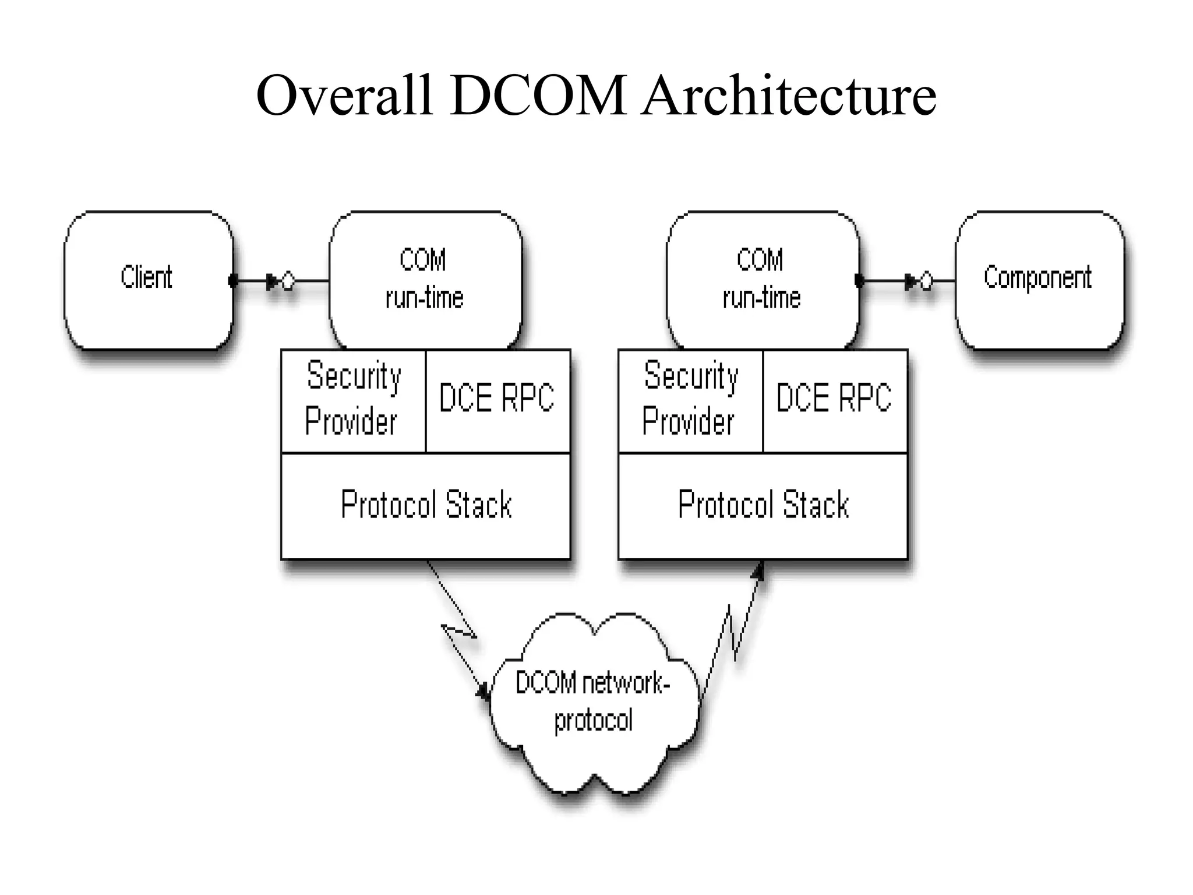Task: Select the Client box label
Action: coord(146,277)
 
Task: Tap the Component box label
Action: coord(1037,277)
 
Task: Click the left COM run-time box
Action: coord(425,279)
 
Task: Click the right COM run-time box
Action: coord(761,279)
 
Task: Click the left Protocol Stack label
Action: coord(426,505)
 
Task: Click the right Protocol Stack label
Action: coord(763,505)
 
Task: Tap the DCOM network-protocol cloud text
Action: coord(592,702)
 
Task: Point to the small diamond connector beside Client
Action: coord(288,281)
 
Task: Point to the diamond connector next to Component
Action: coord(926,281)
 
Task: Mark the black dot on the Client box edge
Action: coord(233,281)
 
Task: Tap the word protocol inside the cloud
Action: coord(593,721)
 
